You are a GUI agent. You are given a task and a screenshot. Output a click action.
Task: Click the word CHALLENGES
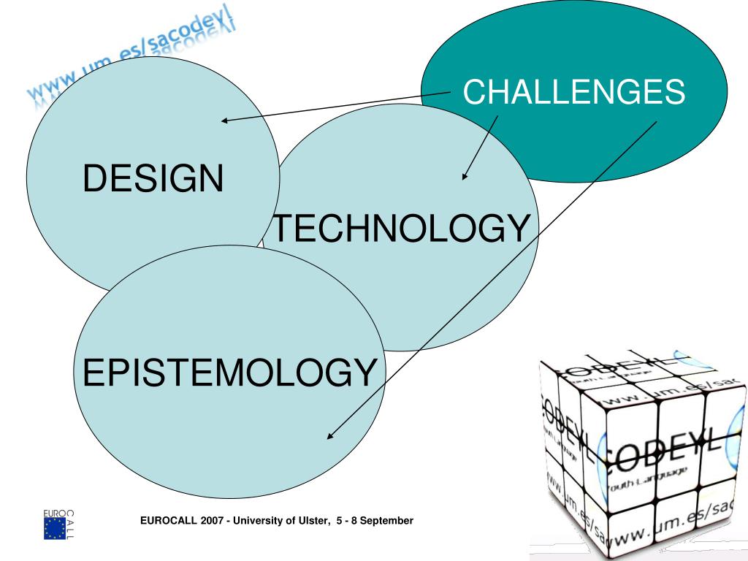click(574, 93)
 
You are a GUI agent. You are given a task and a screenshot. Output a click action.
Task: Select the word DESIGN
click(153, 179)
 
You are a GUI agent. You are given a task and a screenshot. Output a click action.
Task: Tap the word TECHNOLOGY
click(400, 229)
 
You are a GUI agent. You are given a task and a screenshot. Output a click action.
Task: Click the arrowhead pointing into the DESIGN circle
click(225, 121)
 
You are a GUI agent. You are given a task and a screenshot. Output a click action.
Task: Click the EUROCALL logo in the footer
click(59, 523)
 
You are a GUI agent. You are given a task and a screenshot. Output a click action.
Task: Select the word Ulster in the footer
click(310, 520)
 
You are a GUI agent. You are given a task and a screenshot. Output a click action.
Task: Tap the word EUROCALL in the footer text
click(164, 520)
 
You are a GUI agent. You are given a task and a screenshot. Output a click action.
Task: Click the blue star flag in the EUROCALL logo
click(54, 528)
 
